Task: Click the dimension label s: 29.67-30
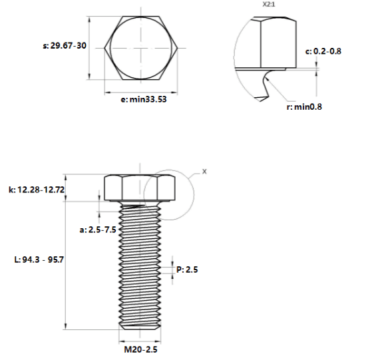pyautogui.click(x=65, y=45)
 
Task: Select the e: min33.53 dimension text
pyautogui.click(x=144, y=99)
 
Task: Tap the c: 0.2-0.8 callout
pyautogui.click(x=323, y=51)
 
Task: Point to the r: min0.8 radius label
pyautogui.click(x=304, y=106)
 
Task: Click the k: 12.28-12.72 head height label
pyautogui.click(x=37, y=190)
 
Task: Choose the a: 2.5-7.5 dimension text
pyautogui.click(x=98, y=230)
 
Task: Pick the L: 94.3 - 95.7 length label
pyautogui.click(x=39, y=260)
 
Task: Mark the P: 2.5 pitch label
pyautogui.click(x=187, y=270)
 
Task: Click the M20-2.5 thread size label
pyautogui.click(x=140, y=349)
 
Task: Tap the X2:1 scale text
pyautogui.click(x=269, y=5)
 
